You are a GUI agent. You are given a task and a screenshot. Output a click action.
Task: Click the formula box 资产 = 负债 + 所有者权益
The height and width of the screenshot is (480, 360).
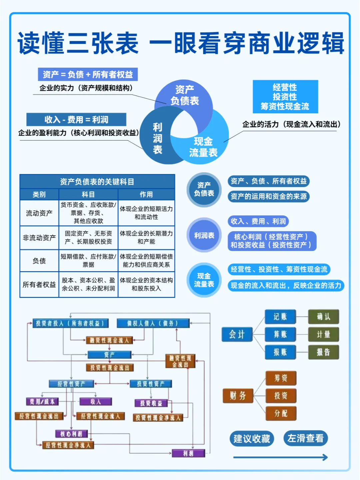(88, 74)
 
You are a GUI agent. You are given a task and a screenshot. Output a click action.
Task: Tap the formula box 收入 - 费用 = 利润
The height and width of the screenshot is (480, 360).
(76, 119)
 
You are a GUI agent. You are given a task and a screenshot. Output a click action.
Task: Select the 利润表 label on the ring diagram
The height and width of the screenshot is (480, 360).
(157, 138)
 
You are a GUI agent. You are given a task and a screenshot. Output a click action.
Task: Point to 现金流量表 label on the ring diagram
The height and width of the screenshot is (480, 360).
(203, 147)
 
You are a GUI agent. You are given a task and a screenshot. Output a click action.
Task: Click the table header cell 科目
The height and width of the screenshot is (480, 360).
(88, 194)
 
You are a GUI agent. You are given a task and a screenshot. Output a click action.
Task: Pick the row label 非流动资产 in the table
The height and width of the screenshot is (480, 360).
(39, 238)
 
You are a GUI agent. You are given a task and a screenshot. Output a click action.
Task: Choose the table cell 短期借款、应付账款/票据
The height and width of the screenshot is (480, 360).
(88, 260)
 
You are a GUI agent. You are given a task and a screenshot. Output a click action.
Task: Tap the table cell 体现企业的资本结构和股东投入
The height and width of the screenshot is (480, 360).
(146, 284)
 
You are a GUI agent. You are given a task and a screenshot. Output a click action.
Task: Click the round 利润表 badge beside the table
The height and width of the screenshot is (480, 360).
(204, 235)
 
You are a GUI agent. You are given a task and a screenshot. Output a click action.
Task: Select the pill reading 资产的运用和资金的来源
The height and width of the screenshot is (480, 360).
(269, 196)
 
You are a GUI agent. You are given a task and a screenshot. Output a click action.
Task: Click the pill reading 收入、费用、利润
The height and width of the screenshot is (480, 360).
(258, 221)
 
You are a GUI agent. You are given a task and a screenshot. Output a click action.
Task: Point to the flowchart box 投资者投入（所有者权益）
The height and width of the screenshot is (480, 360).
(70, 323)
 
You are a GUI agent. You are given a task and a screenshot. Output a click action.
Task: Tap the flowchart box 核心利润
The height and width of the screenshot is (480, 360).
(71, 434)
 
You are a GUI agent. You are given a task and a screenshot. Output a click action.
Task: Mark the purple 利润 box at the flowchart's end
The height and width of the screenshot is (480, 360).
(188, 453)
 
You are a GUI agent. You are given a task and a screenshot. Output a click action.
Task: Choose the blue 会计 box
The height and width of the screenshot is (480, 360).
(237, 334)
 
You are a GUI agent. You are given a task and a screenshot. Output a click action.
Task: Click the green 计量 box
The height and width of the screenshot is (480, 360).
(323, 334)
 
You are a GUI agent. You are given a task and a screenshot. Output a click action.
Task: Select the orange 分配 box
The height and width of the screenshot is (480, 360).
(281, 413)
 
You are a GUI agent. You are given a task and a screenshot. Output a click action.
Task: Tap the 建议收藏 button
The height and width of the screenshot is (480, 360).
(252, 439)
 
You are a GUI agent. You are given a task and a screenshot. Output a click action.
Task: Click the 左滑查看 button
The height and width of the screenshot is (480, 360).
(305, 438)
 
